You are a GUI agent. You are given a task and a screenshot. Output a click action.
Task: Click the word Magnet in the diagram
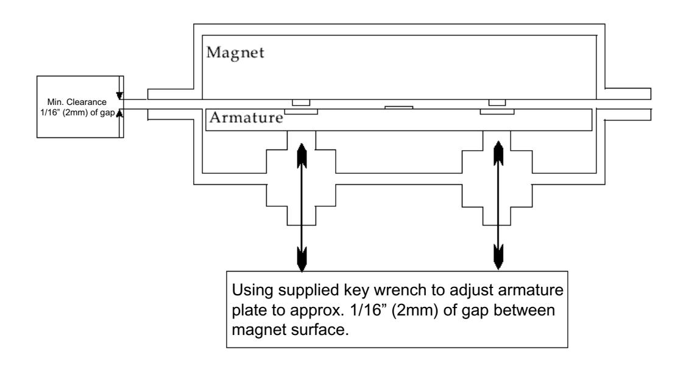point(235,53)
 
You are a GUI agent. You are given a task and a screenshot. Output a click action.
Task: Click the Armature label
point(246,117)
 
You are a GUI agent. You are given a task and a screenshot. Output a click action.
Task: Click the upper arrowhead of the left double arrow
point(302,156)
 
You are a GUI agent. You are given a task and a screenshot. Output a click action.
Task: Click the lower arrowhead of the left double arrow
point(302,259)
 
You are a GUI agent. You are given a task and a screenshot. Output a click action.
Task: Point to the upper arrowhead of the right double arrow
point(498,153)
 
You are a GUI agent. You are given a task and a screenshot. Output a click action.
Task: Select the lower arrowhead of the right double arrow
point(498,257)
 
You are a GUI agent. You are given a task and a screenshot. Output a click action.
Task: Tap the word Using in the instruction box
point(252,291)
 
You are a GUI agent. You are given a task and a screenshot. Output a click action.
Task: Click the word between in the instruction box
point(524,310)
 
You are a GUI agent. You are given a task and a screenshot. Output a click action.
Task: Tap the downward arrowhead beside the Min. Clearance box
point(119,96)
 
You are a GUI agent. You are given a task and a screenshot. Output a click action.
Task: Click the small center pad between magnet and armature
point(398,107)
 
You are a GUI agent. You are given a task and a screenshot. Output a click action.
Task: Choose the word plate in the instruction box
point(250,311)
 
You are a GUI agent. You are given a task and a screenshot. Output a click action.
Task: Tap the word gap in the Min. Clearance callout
point(107,113)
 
